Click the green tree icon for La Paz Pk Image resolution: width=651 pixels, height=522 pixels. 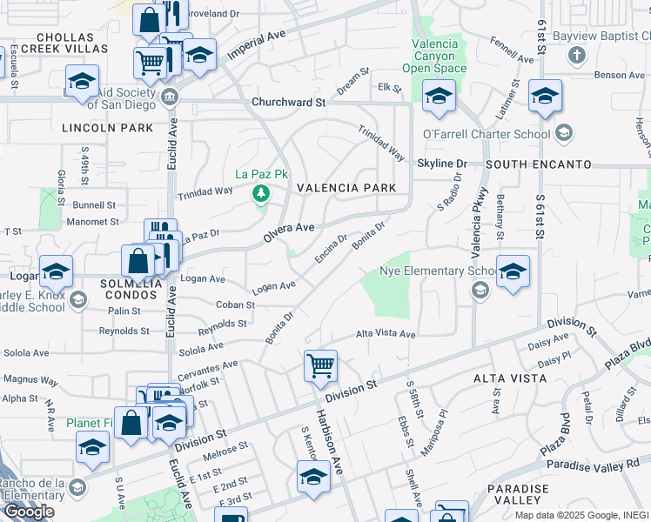(259, 191)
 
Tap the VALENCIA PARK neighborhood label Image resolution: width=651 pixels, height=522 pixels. (346, 188)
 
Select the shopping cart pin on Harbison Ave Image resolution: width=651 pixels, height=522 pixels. (320, 365)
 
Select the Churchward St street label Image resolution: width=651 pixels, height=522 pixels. (288, 102)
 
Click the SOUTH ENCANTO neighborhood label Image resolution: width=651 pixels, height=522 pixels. (538, 164)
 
